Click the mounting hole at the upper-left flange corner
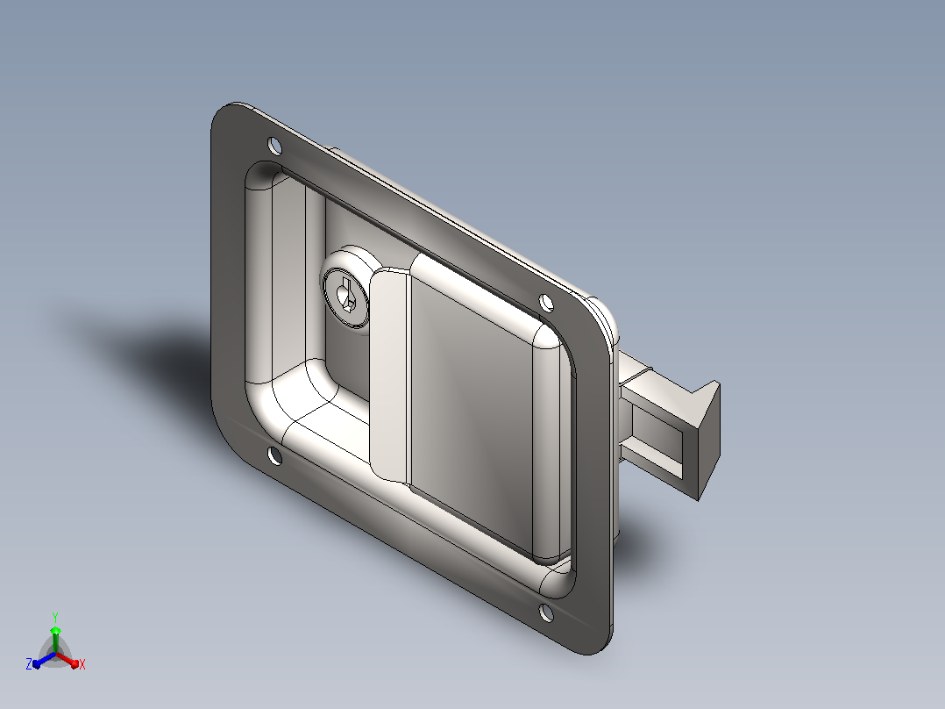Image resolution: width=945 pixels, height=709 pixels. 274,146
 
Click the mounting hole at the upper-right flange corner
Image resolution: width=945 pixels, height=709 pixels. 546,303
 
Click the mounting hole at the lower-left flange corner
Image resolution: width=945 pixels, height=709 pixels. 274,456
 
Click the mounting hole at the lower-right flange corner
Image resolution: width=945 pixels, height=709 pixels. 546,613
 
